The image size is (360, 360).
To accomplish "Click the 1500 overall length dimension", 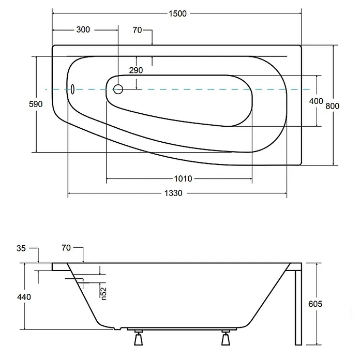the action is click(x=177, y=13).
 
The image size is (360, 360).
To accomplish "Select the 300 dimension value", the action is click(x=83, y=29).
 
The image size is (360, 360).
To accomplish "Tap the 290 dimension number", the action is click(x=136, y=70).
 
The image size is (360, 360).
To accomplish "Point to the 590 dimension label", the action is click(x=36, y=104).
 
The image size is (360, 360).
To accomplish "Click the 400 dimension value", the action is click(x=316, y=101).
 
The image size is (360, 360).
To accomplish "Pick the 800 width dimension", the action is click(x=333, y=106).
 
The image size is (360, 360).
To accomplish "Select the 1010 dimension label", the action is click(x=183, y=178).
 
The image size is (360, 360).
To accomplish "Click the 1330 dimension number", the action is click(x=173, y=193).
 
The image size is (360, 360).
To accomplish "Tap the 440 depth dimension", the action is click(x=24, y=297).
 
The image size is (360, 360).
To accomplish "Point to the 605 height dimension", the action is click(x=315, y=304).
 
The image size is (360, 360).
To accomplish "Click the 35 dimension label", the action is click(x=21, y=248).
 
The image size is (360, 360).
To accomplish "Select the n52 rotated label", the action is click(x=104, y=294).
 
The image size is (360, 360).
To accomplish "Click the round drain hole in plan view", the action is click(x=118, y=89).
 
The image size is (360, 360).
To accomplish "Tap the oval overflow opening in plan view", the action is click(x=72, y=89).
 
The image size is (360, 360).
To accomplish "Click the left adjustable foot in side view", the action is click(x=139, y=338).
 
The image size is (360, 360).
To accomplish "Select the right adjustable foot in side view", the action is click(x=226, y=338).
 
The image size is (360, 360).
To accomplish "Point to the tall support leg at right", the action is click(x=298, y=307).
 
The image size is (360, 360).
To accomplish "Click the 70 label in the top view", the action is click(x=137, y=30).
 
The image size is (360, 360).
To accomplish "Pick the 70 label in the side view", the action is click(x=66, y=248).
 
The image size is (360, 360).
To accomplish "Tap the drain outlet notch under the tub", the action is click(x=117, y=328).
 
